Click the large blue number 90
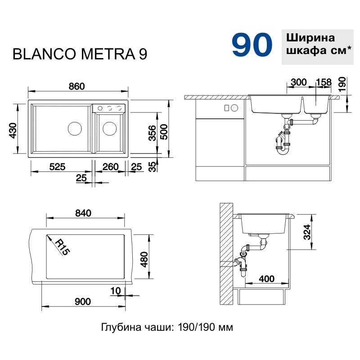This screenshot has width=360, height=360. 252,45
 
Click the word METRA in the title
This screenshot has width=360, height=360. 108,54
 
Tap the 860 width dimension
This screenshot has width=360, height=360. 76,86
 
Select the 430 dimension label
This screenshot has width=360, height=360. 13,130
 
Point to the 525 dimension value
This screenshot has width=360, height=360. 57,166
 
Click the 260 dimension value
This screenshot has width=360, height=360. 110,166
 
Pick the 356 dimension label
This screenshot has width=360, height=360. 152,133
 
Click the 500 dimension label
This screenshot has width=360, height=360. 164,132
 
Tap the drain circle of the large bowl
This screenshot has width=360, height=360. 75,129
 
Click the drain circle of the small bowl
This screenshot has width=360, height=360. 109,129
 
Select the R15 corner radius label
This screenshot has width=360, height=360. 62,247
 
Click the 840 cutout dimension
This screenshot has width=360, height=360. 83,213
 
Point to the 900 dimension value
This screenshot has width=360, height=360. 83,301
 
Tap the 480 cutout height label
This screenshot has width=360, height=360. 144,260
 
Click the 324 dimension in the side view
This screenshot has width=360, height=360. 307,232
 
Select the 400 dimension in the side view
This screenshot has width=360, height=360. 266,279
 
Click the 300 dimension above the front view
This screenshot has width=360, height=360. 299,82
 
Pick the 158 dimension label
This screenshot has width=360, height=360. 324,82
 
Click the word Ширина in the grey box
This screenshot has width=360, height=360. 310,38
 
